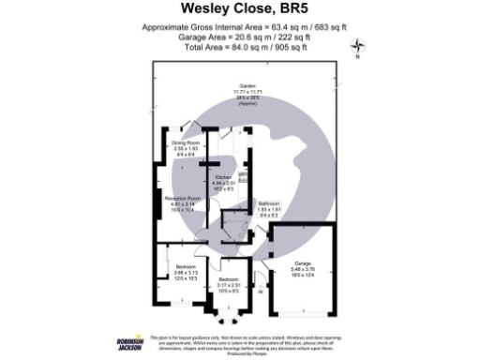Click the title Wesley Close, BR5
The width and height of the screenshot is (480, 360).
click(x=239, y=12)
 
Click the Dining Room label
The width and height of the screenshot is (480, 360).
click(x=186, y=143)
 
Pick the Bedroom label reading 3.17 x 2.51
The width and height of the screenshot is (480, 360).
click(x=230, y=279)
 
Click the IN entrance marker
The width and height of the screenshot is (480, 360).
click(x=261, y=300)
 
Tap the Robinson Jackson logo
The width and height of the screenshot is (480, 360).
click(x=128, y=342)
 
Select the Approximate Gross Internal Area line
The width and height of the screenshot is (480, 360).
click(x=239, y=28)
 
